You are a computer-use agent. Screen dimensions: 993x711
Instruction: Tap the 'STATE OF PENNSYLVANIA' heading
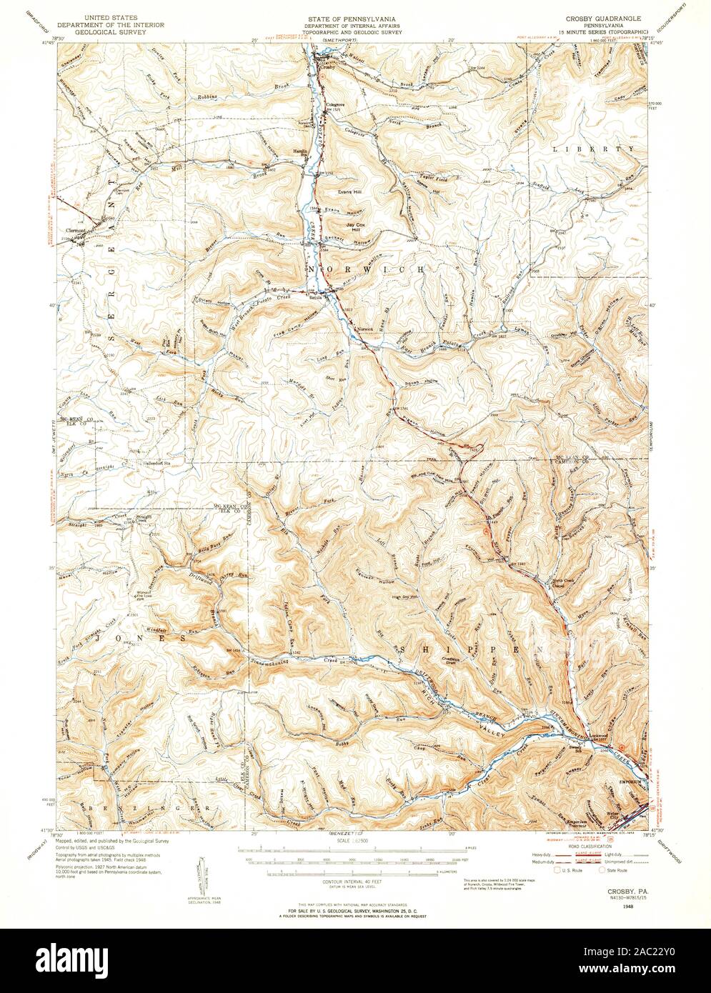(x=355, y=16)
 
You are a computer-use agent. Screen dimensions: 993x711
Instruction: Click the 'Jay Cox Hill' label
(x=359, y=229)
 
